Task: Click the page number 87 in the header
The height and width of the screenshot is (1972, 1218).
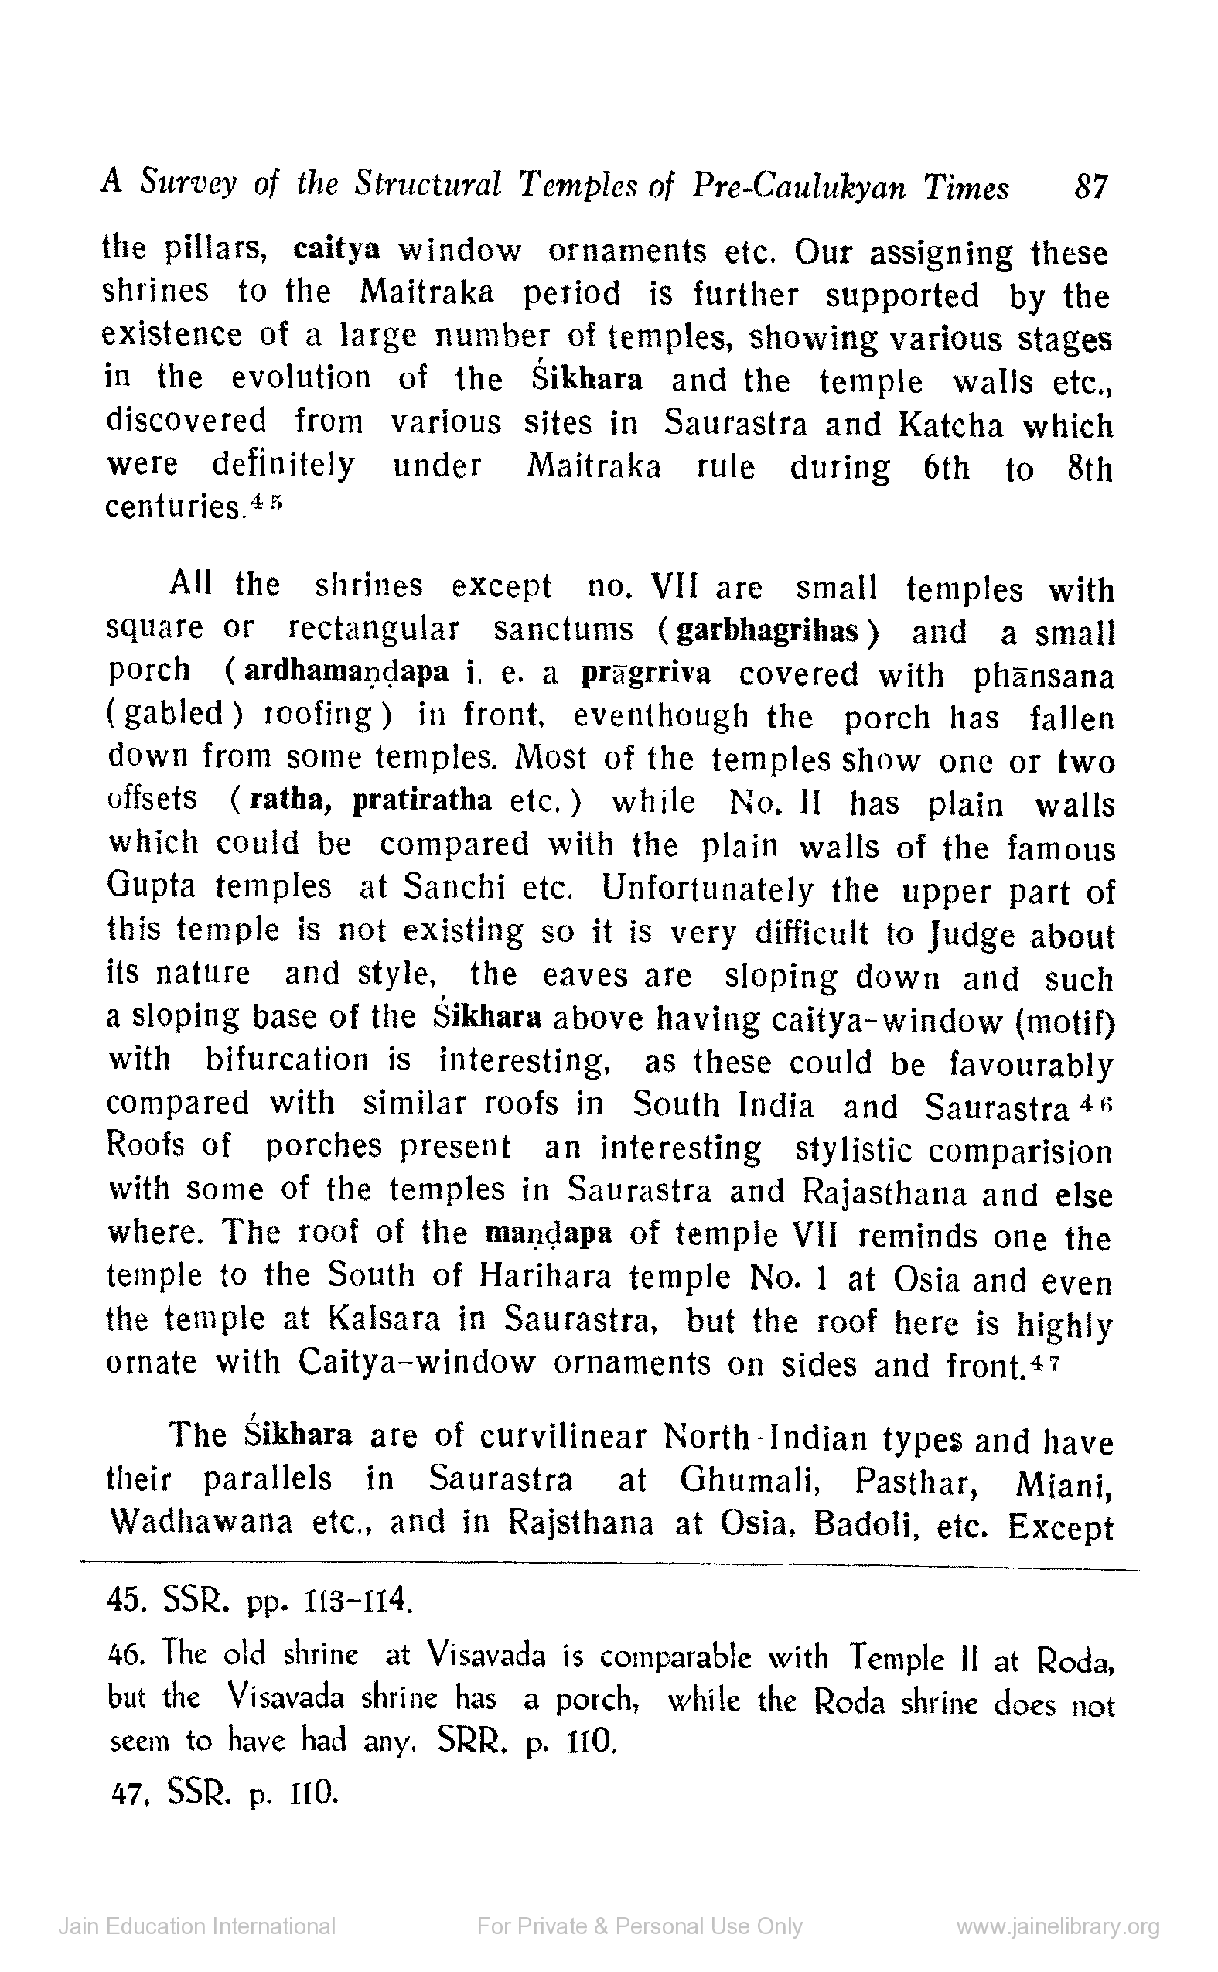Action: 1091,188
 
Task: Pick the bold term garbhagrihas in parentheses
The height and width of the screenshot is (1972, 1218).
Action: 767,631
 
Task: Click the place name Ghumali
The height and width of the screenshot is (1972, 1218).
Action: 749,1480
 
